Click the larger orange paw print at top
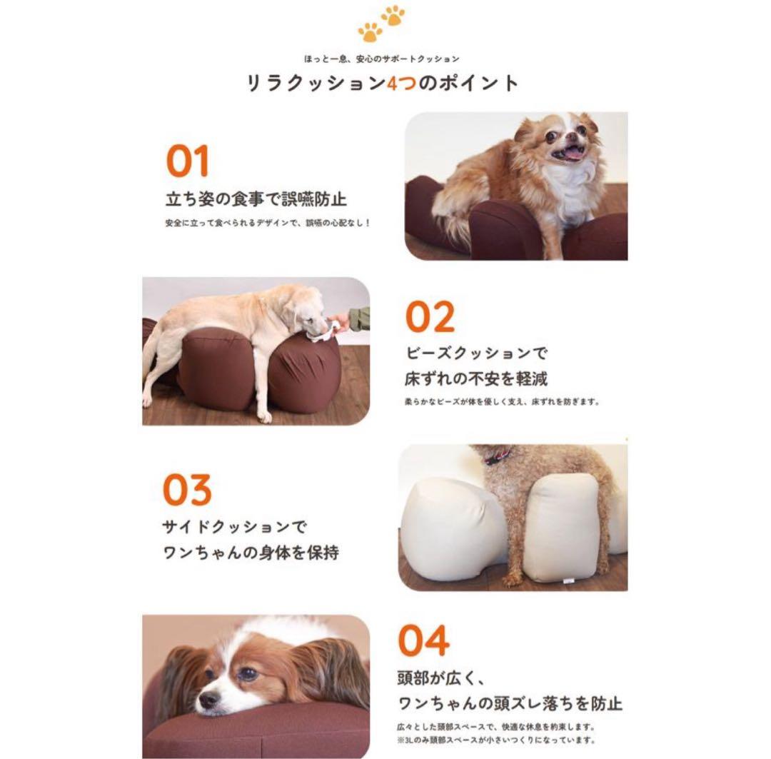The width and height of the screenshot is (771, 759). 370,31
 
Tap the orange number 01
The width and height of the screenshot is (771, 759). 187,161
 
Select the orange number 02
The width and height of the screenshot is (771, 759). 430,318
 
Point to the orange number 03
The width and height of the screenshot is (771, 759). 187,491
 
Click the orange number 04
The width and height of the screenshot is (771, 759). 423,640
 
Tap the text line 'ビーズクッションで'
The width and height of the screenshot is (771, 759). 476,353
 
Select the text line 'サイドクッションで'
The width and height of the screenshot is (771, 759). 235,528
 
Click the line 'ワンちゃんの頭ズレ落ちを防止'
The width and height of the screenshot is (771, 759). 510,703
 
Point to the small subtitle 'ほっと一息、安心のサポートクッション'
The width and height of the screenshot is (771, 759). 381,59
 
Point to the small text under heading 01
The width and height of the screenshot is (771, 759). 268,223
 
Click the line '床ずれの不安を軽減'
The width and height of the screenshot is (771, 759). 476,378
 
